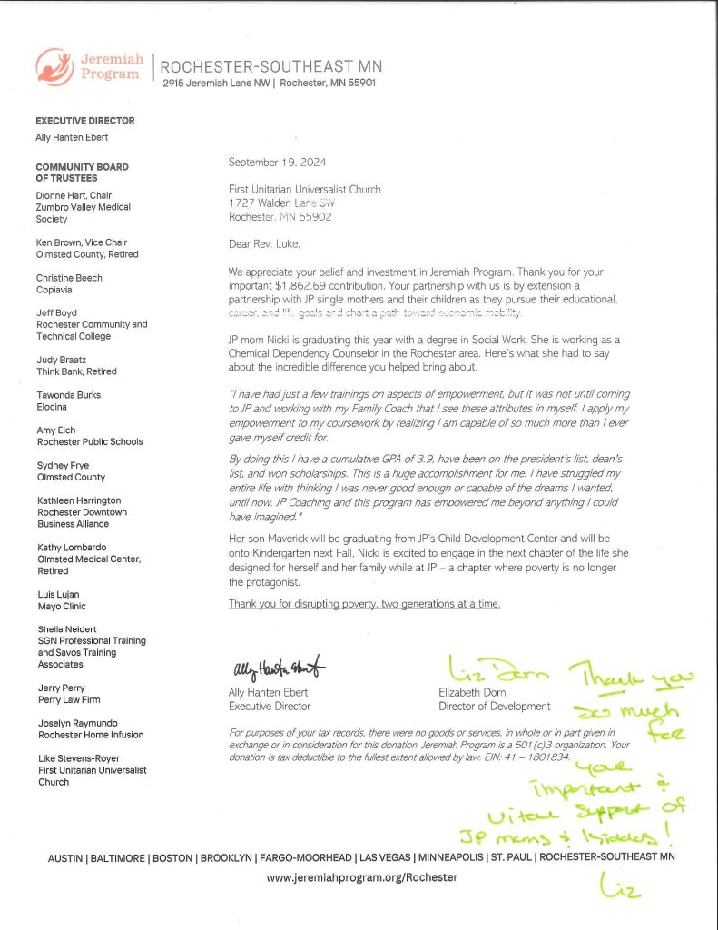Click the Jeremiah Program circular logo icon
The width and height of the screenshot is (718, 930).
pyautogui.click(x=54, y=66)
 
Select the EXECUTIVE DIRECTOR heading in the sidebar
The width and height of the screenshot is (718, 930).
pyautogui.click(x=85, y=121)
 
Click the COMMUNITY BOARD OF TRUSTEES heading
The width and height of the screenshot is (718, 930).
pyautogui.click(x=82, y=173)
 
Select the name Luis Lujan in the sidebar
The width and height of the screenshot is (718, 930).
pyautogui.click(x=58, y=595)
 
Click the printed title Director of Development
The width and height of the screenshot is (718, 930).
pyautogui.click(x=494, y=706)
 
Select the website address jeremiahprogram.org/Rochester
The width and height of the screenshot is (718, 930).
pyautogui.click(x=362, y=878)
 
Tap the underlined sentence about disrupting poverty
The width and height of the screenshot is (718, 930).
pyautogui.click(x=364, y=604)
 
